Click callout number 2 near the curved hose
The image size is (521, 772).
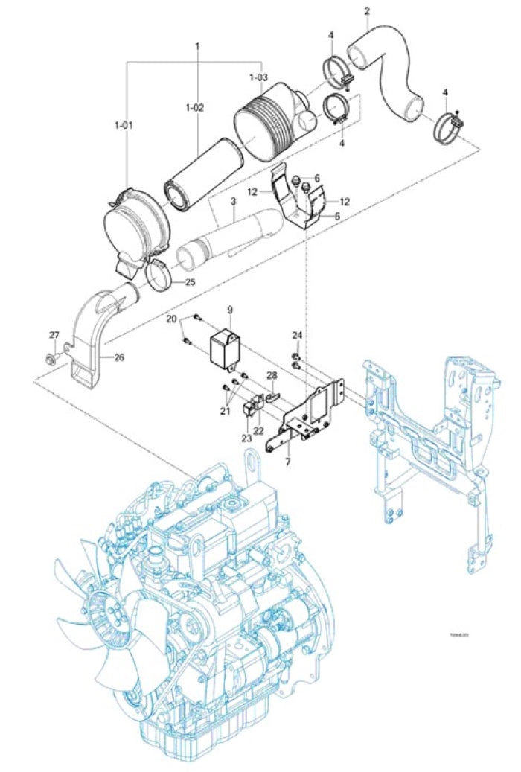pyautogui.click(x=367, y=11)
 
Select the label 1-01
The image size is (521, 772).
pyautogui.click(x=123, y=125)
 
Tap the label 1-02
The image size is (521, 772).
pyautogui.click(x=194, y=107)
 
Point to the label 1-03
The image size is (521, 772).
pyautogui.click(x=258, y=77)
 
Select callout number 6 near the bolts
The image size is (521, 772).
pyautogui.click(x=316, y=178)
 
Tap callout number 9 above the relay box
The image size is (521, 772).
pyautogui.click(x=230, y=308)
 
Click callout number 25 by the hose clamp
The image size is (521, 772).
pyautogui.click(x=191, y=281)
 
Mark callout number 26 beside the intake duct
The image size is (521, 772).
pyautogui.click(x=119, y=357)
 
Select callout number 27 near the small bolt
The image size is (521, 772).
pyautogui.click(x=54, y=334)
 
